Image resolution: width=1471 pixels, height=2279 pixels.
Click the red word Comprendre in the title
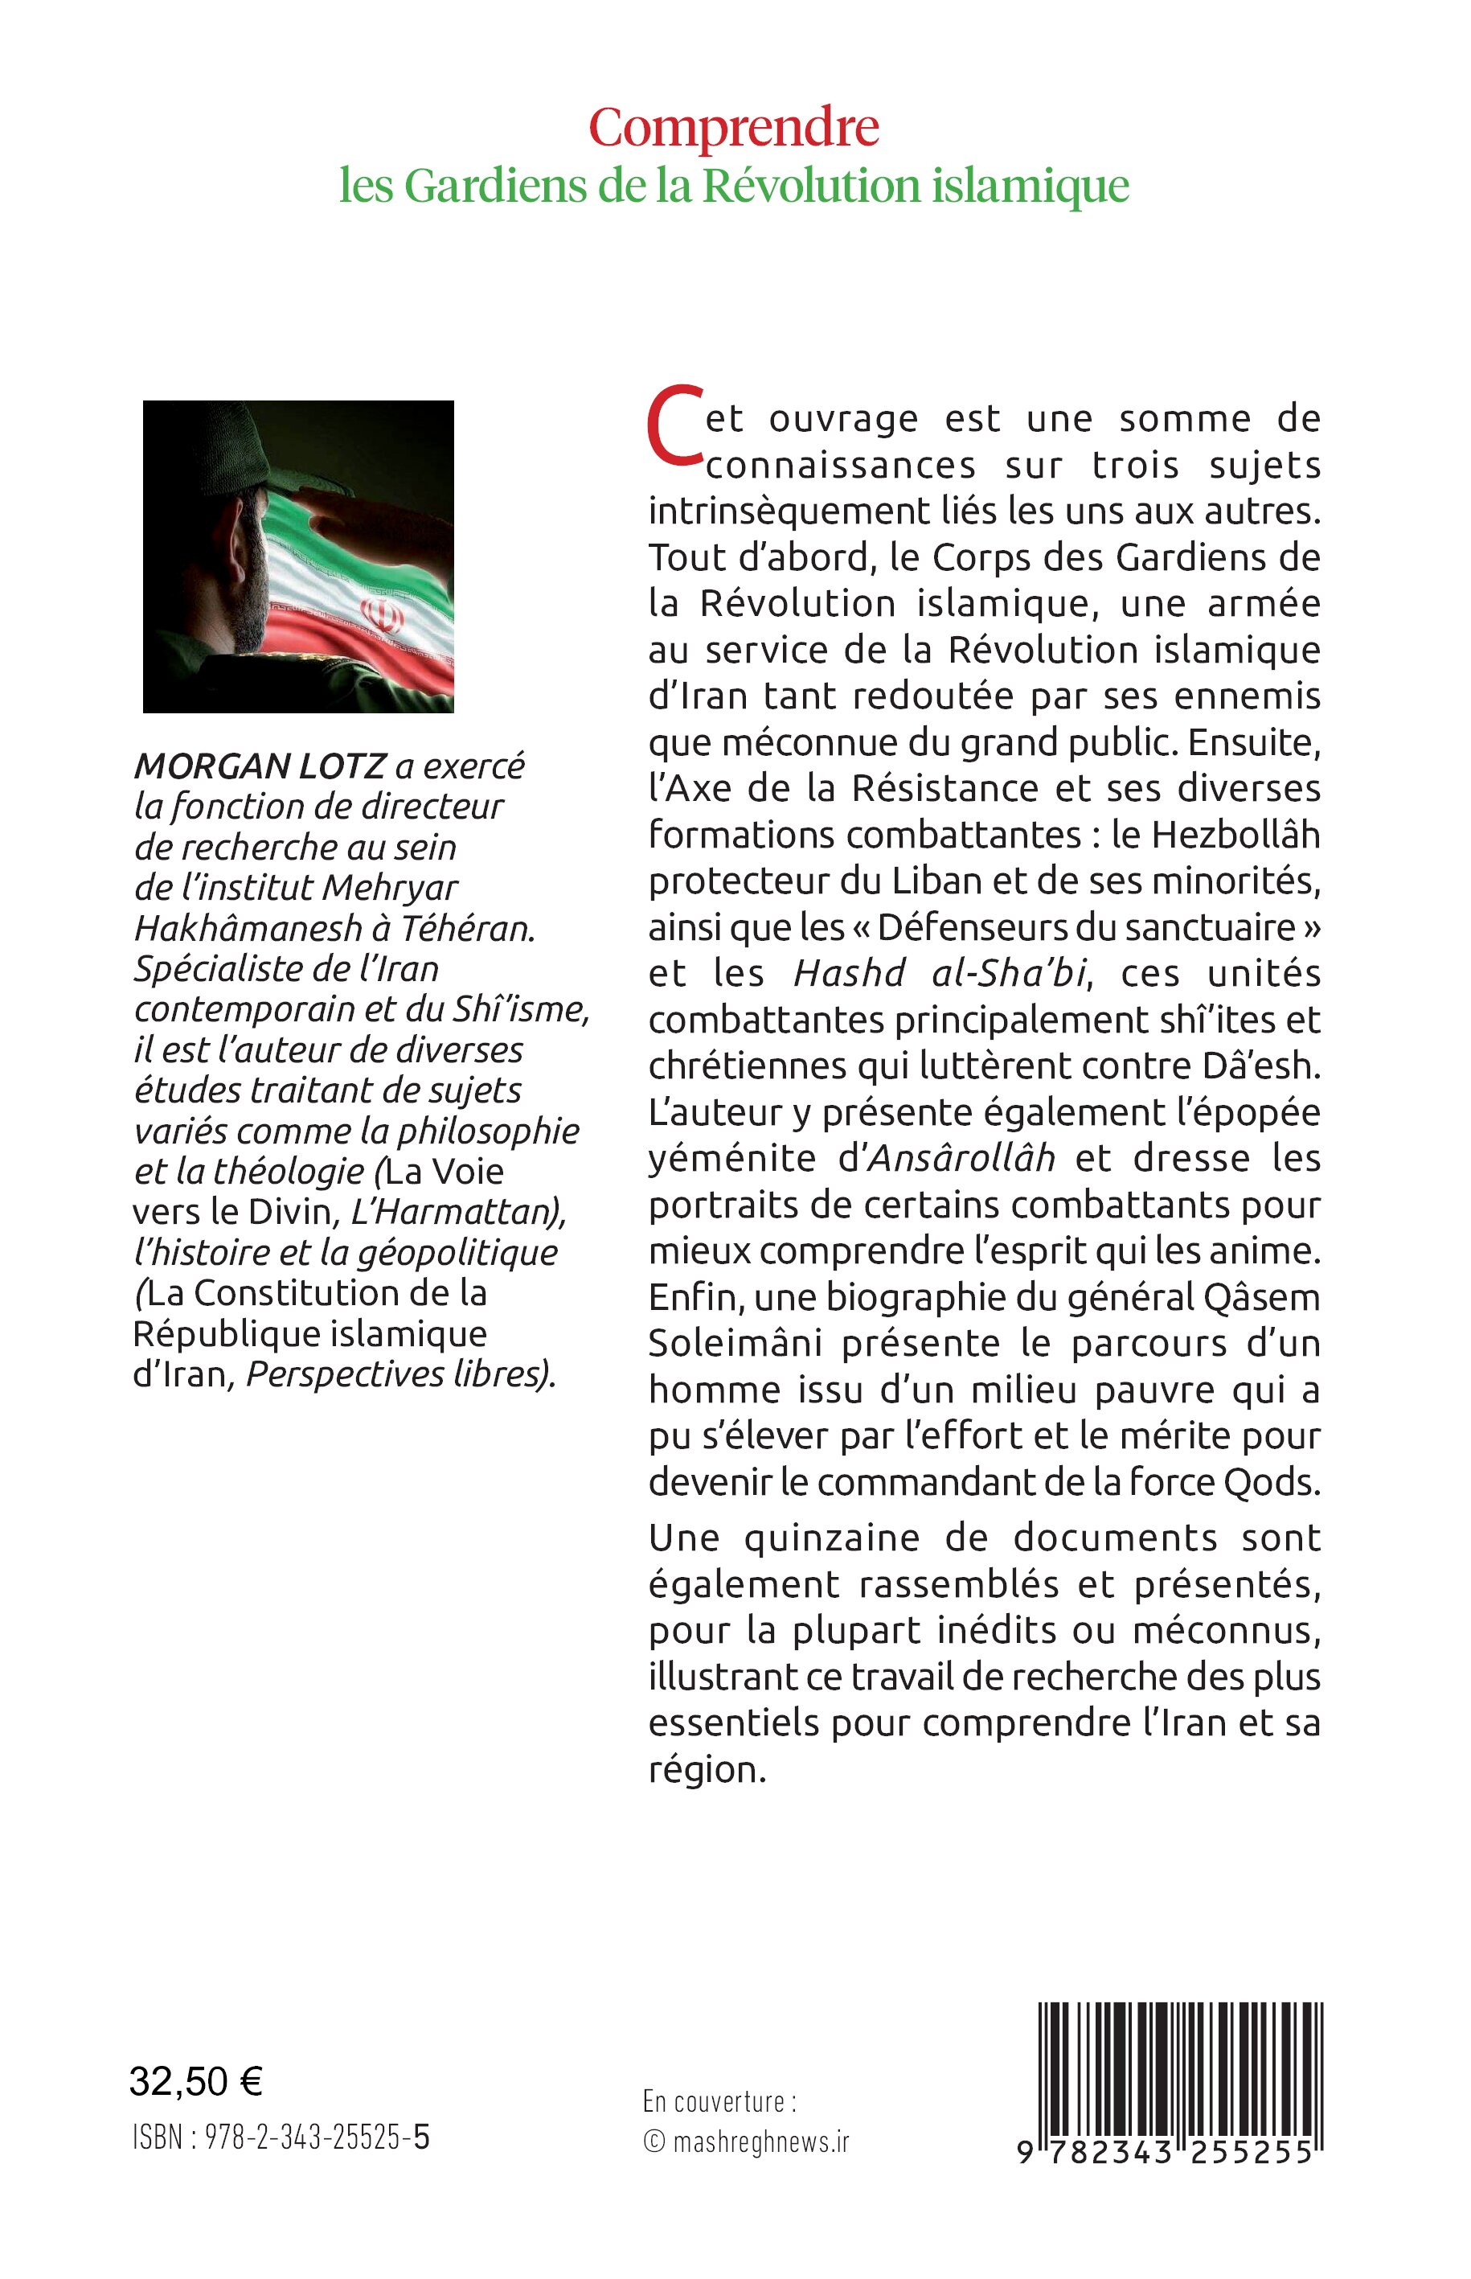(x=734, y=128)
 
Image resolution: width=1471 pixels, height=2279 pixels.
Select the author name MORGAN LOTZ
(x=260, y=766)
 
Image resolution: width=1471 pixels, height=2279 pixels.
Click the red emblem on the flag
(x=381, y=614)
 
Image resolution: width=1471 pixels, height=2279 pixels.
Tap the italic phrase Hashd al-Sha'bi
(x=940, y=973)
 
